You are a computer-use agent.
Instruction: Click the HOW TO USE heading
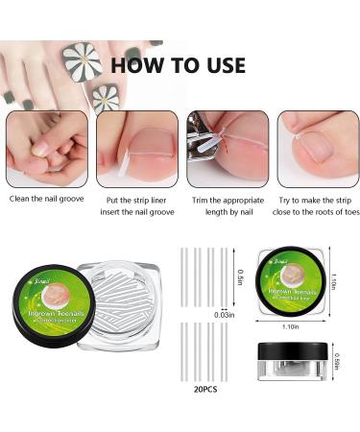178,65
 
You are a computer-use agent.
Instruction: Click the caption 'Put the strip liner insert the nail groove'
134,204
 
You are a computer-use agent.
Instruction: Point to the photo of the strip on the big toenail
134,149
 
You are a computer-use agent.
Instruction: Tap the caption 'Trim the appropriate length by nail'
225,204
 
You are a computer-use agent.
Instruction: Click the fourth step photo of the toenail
314,149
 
